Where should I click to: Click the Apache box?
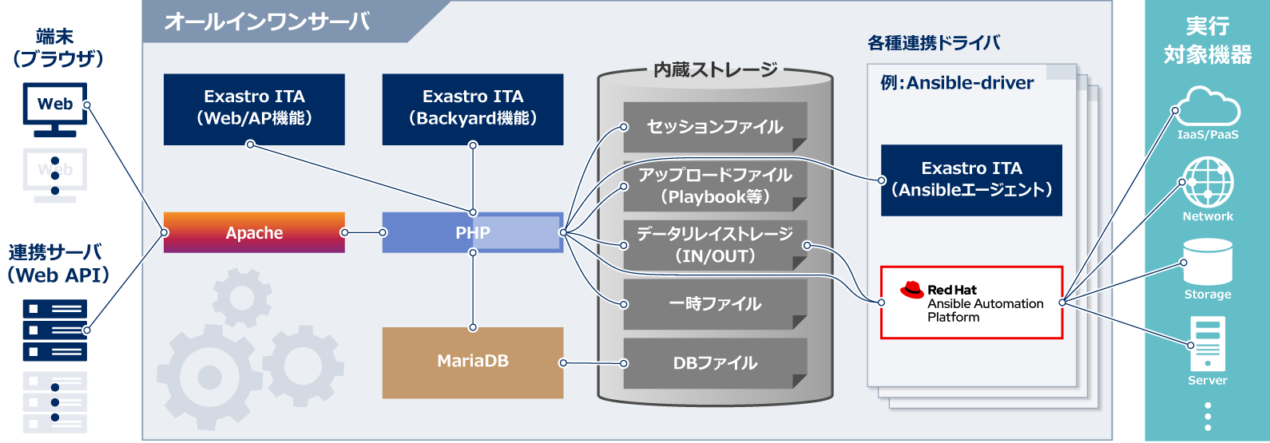(254, 232)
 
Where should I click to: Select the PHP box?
(472, 232)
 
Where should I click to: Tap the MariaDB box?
(472, 362)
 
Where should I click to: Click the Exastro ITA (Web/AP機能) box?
(254, 109)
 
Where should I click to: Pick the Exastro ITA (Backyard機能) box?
(472, 109)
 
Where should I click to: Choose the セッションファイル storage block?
(715, 127)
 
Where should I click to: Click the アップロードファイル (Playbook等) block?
(715, 186)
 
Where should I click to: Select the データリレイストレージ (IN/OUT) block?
(715, 245)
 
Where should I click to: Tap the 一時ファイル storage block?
(715, 304)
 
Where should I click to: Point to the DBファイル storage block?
(715, 363)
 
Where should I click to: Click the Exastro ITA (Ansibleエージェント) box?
(971, 180)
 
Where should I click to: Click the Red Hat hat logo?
(912, 290)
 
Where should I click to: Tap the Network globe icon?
(1208, 183)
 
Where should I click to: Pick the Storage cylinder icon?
(1208, 262)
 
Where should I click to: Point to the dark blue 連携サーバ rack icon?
(55, 330)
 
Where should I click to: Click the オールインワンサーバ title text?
(267, 22)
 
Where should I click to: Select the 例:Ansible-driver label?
(956, 83)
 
